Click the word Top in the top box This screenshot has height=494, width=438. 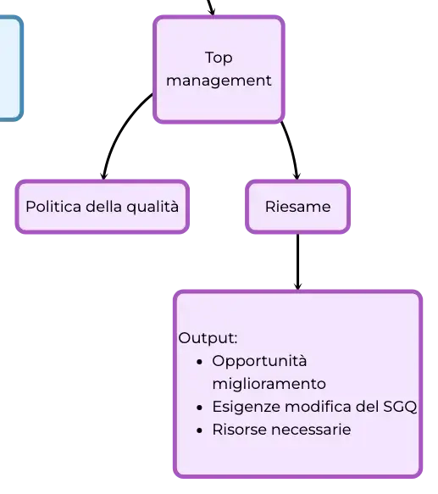pos(219,58)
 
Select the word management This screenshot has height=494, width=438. pos(219,80)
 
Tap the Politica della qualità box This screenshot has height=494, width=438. pos(103,207)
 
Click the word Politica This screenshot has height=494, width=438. pos(53,207)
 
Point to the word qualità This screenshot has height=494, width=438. pos(152,208)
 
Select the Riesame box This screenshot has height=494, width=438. pos(297,207)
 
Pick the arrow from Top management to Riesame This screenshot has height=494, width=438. pos(292,148)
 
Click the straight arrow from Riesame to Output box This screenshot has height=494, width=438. pos(297,262)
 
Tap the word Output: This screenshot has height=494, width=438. pos(208,339)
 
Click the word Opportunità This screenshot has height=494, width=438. pos(259,362)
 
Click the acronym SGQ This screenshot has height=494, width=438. pos(400,407)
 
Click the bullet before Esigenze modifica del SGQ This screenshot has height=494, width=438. pos(199,408)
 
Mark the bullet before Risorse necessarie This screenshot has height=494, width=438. pos(199,430)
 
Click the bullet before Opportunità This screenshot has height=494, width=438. pos(199,363)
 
